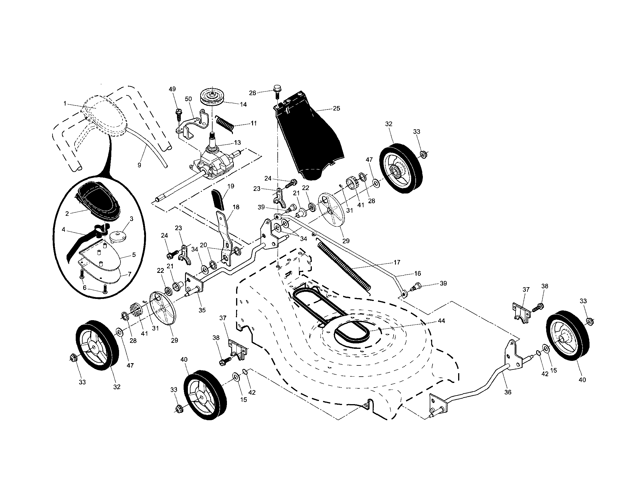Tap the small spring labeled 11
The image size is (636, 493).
tap(225, 124)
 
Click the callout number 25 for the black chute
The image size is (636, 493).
tap(336, 108)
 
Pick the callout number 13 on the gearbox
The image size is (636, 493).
tap(237, 143)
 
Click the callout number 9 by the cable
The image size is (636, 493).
tap(139, 165)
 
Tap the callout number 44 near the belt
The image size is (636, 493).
tap(441, 321)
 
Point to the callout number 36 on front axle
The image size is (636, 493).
tap(507, 392)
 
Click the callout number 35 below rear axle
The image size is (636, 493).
tap(202, 310)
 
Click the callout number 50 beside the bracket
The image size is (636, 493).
tap(188, 99)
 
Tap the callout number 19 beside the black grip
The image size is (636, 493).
tap(231, 186)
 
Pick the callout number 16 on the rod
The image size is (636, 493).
tap(418, 273)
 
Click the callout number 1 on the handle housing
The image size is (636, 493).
tap(65, 103)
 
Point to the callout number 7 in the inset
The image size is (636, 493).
tap(129, 274)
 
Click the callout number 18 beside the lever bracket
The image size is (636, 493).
tap(236, 207)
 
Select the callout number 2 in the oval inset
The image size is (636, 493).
tap(67, 214)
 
